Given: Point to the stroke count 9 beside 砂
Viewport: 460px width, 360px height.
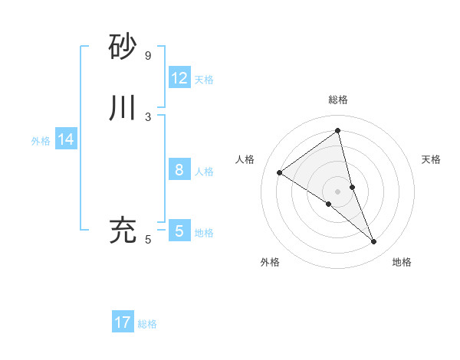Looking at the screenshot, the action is tap(148, 56).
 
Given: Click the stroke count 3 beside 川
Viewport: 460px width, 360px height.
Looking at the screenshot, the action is tap(148, 116).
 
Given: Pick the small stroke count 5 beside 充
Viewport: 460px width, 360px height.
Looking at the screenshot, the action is tap(148, 240).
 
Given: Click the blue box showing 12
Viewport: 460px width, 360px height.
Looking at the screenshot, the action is tap(179, 78).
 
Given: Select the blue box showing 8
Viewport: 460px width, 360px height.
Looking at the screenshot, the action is tap(179, 170).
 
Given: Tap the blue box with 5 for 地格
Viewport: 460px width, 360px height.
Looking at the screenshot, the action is tap(179, 231).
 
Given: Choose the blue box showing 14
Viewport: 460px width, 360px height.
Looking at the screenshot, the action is tap(66, 139).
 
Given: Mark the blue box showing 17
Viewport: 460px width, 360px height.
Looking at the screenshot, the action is tap(123, 322).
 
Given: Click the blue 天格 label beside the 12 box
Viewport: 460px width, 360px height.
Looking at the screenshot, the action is tap(204, 80).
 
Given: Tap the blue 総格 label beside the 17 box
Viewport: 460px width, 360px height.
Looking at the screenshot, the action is tap(147, 324).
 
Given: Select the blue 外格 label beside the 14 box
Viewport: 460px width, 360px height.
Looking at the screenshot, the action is tap(41, 141).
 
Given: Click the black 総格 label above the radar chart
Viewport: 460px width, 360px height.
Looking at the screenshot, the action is tap(338, 100).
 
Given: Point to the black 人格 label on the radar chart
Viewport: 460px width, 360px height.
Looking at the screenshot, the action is tap(245, 159).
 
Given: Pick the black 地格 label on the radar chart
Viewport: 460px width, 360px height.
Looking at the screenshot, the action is tap(402, 262).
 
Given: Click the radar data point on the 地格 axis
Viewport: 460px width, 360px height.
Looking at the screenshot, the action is tap(374, 242).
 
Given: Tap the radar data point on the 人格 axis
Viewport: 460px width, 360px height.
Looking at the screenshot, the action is tap(279, 172).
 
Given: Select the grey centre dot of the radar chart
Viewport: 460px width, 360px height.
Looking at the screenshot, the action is tap(338, 191).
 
